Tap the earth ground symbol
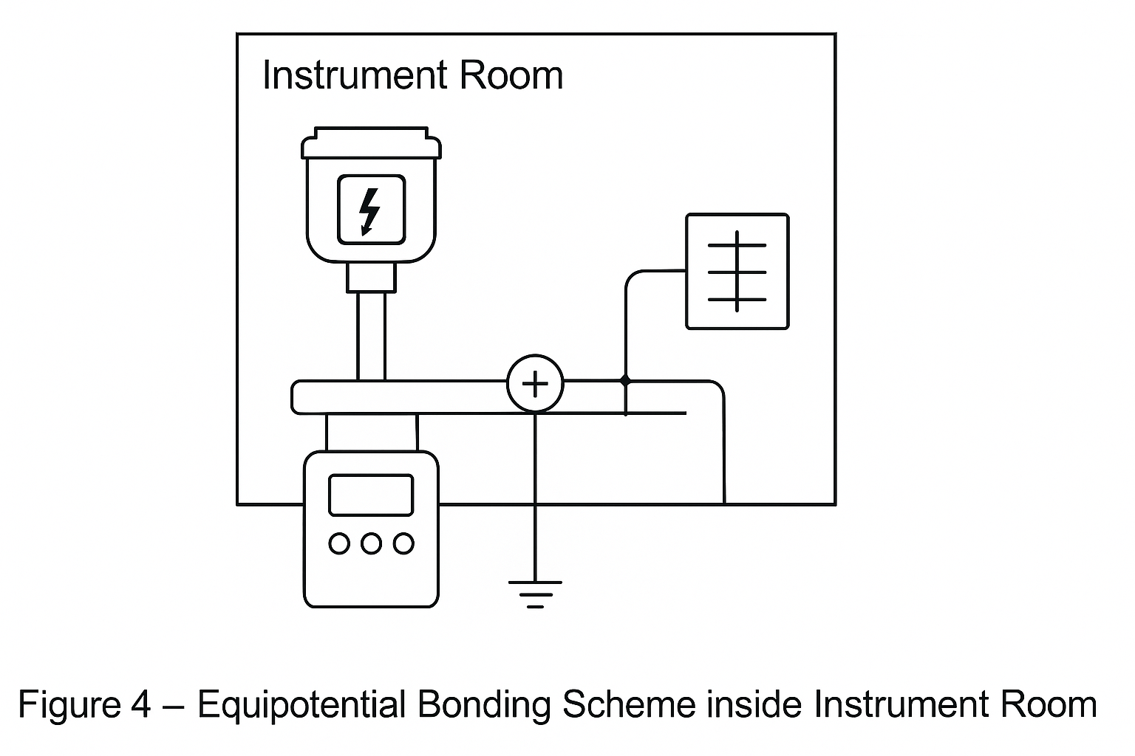pyautogui.click(x=535, y=593)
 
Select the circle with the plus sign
pyautogui.click(x=535, y=384)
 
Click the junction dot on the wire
pyautogui.click(x=625, y=381)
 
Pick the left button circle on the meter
pyautogui.click(x=339, y=544)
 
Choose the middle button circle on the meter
pyautogui.click(x=371, y=544)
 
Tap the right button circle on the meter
pyautogui.click(x=403, y=544)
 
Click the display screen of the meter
pyautogui.click(x=371, y=495)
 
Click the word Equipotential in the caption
pyautogui.click(x=301, y=705)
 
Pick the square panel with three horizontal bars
pyautogui.click(x=737, y=272)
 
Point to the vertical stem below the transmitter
pyautogui.click(x=371, y=336)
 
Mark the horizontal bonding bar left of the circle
pyautogui.click(x=399, y=396)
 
